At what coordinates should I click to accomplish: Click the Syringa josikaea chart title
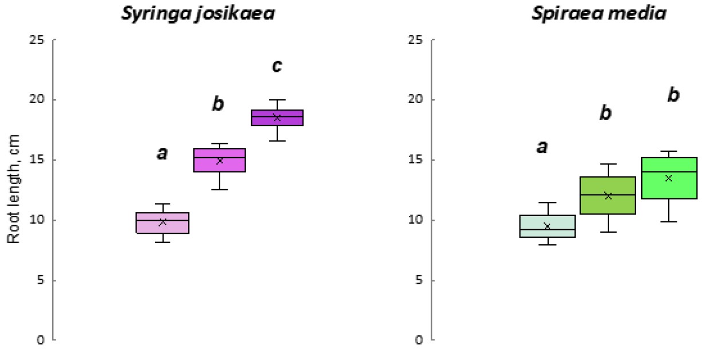[x=197, y=14]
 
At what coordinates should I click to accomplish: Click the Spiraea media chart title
[x=600, y=14]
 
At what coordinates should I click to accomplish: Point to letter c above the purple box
[x=277, y=66]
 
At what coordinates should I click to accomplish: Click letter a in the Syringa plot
[x=162, y=153]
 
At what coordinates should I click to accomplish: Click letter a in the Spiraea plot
[x=541, y=147]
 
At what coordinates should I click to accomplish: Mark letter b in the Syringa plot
[x=218, y=104]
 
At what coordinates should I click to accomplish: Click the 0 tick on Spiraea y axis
[x=419, y=341]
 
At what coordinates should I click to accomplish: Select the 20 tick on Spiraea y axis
[x=416, y=100]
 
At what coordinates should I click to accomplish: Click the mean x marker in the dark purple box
[x=277, y=118]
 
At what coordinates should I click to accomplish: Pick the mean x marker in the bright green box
[x=668, y=178]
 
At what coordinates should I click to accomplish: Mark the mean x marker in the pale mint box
[x=548, y=226]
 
